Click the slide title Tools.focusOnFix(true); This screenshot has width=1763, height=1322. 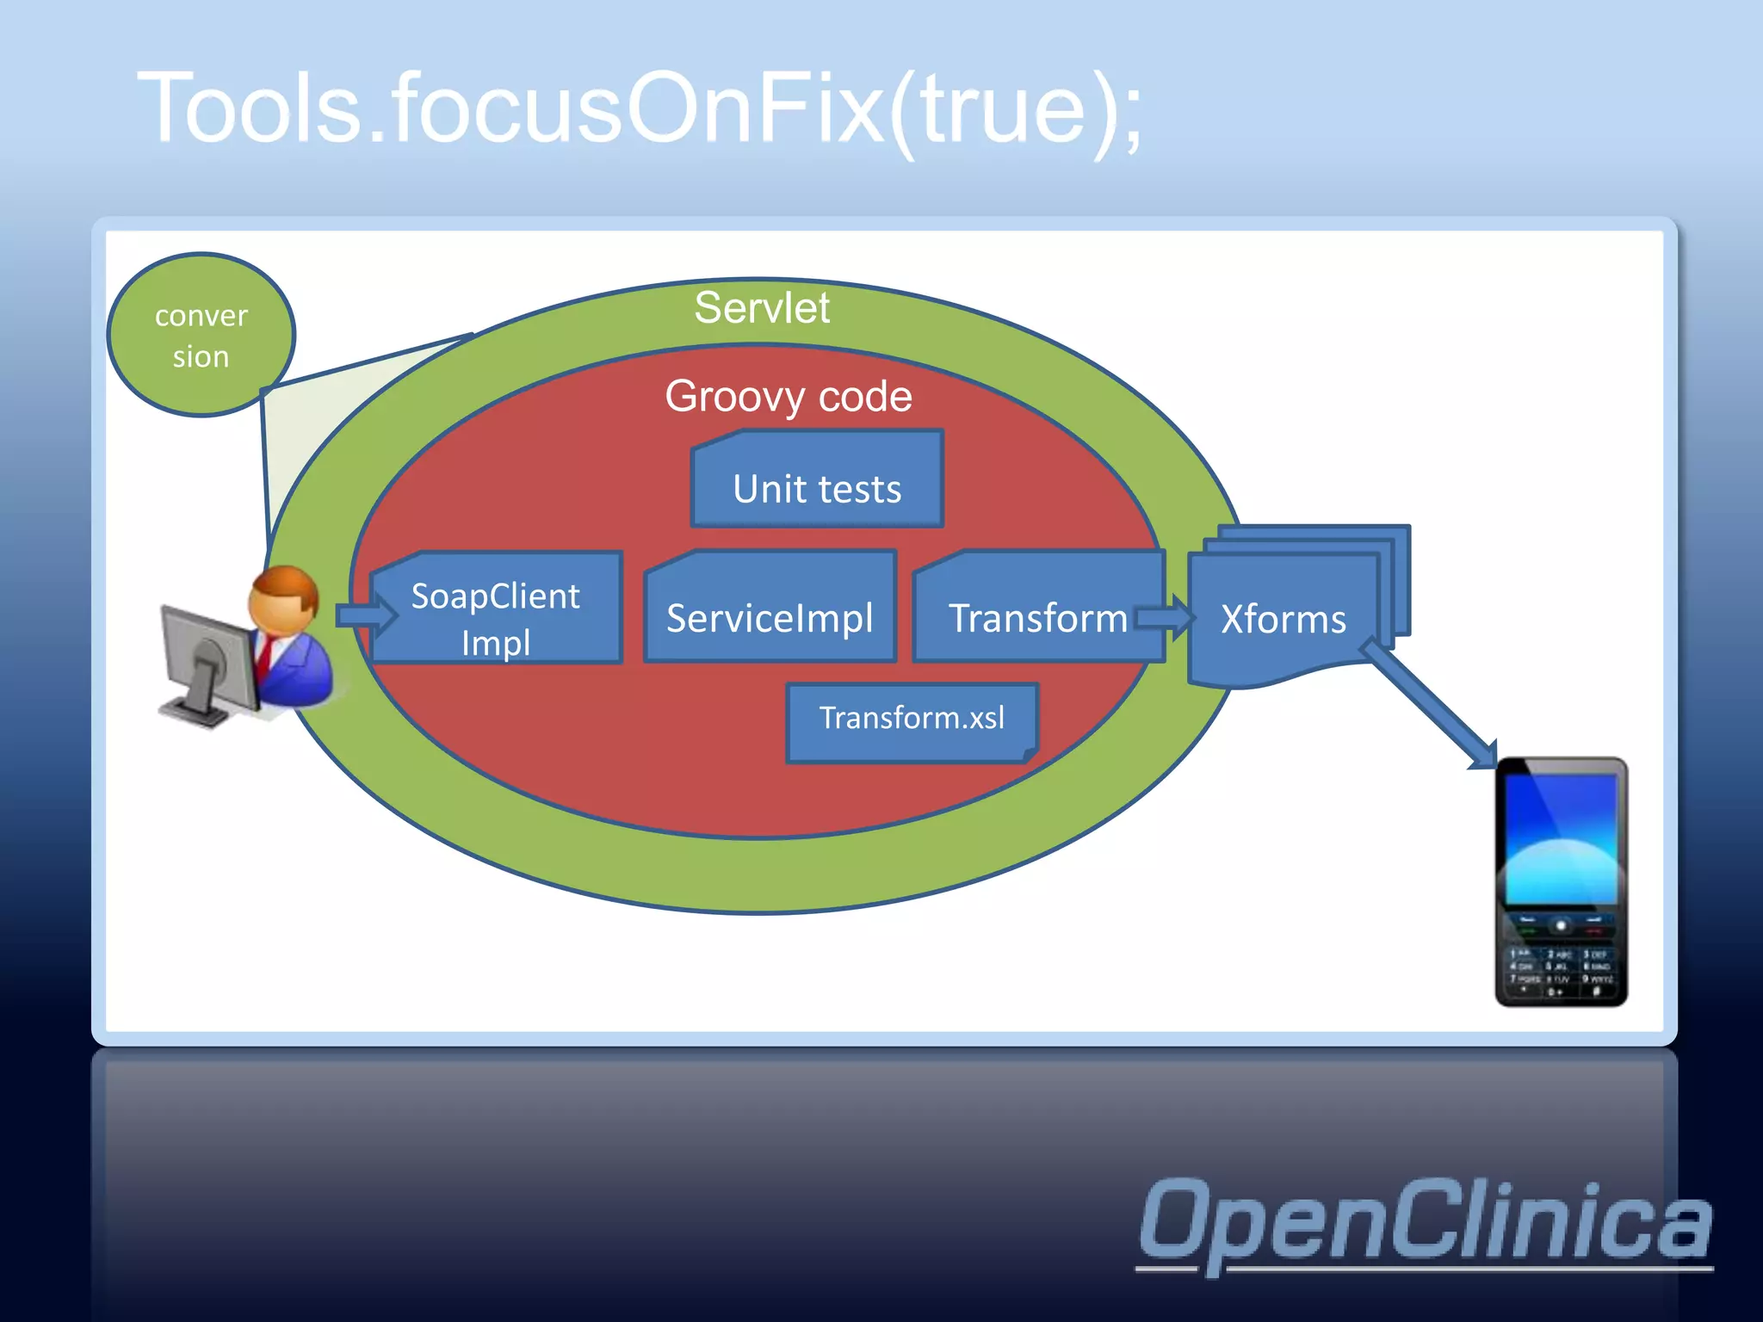pyautogui.click(x=639, y=109)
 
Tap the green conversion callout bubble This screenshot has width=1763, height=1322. pyautogui.click(x=201, y=336)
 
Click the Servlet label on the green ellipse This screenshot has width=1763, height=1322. pyautogui.click(x=762, y=308)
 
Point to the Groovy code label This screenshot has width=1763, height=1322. pyautogui.click(x=788, y=397)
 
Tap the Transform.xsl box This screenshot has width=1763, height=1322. pyautogui.click(x=912, y=720)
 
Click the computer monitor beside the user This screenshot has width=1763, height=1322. pyautogui.click(x=207, y=654)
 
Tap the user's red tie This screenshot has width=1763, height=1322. pyautogui.click(x=267, y=658)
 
